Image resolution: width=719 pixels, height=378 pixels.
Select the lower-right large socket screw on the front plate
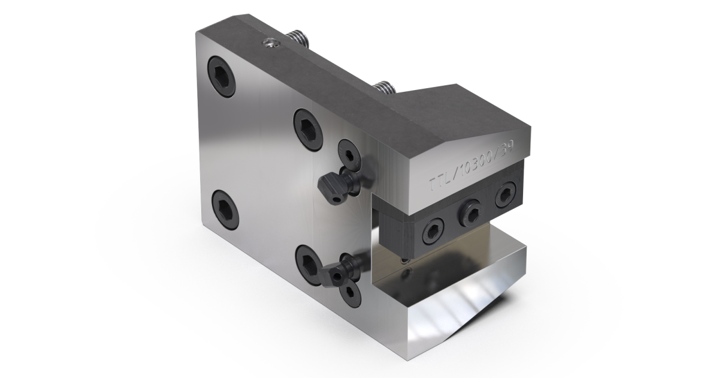(310, 263)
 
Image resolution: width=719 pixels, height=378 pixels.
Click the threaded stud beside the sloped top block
(383, 89)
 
